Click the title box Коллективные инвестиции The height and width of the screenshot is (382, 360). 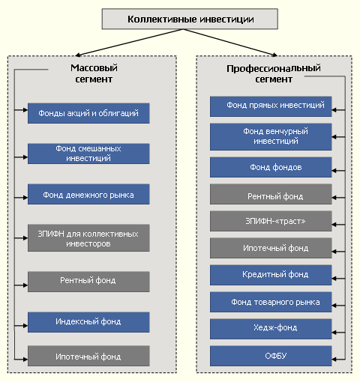(190, 19)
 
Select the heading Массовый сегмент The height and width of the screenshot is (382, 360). (94, 73)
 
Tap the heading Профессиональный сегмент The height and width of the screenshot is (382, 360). (274, 73)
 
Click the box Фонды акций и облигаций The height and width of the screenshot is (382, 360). (88, 113)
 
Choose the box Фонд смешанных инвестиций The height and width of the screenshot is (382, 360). (88, 154)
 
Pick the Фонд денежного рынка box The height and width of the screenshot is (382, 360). (88, 194)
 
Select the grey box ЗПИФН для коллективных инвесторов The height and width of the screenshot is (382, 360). (88, 238)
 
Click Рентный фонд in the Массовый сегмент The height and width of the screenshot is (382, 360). (88, 282)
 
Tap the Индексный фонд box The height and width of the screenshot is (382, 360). (88, 322)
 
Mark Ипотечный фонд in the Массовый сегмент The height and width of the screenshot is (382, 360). (88, 356)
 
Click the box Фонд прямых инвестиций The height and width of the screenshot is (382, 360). (271, 106)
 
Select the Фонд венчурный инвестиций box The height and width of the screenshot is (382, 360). (271, 137)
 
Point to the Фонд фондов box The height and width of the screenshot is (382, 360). (271, 167)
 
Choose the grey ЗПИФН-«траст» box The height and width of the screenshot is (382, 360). (271, 221)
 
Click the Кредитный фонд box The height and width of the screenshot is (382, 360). (271, 275)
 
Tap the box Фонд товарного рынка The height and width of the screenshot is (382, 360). (271, 302)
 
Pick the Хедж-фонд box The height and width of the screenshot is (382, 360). (271, 329)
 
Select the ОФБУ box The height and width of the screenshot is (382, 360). (271, 356)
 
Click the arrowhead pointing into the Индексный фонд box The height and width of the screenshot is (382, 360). (25, 326)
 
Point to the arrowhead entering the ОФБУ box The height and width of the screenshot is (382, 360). (334, 360)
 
